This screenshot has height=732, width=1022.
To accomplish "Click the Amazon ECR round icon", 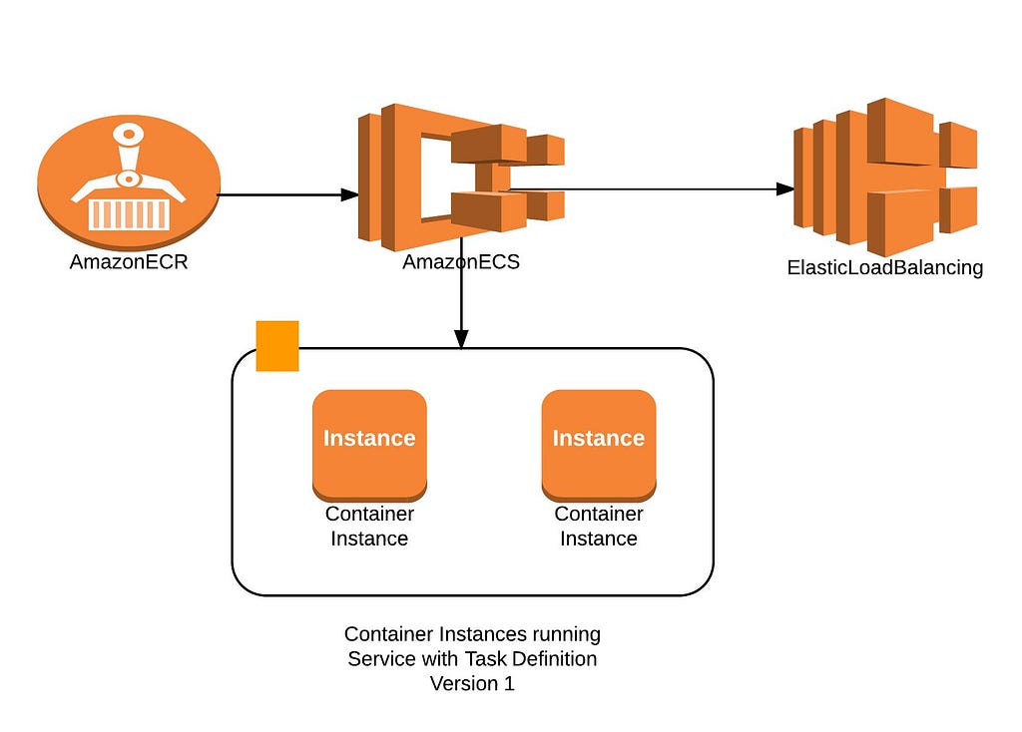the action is tap(129, 183).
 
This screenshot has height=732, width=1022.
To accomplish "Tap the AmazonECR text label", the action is tap(129, 262).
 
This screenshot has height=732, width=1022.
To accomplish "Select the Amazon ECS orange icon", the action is tap(461, 178).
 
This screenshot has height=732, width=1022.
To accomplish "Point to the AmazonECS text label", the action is tap(461, 262).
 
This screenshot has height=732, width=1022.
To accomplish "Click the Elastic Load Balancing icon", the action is tap(885, 178).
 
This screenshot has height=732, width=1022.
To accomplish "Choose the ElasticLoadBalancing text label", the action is tap(885, 267).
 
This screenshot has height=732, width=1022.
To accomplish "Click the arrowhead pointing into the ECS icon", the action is tap(350, 194).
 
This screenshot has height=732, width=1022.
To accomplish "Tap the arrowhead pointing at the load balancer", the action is tap(785, 188).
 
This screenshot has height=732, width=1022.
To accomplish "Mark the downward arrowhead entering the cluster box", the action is tap(461, 339).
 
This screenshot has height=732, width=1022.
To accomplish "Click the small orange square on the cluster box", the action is tap(277, 346).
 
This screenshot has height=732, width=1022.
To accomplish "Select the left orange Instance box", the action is tap(369, 446).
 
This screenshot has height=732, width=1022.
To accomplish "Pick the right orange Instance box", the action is tap(599, 446).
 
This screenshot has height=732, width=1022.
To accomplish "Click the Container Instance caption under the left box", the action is tap(369, 527).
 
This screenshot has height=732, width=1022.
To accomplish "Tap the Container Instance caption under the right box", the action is tap(599, 527).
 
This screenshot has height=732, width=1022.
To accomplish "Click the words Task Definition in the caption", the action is tap(531, 658).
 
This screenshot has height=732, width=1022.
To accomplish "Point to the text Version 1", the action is tap(472, 683).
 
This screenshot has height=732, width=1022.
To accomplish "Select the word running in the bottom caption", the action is tap(567, 634).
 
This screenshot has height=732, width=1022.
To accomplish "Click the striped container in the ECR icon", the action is tap(129, 213).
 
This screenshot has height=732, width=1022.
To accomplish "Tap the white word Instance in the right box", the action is tap(599, 438).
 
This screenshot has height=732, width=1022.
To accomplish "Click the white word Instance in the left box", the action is tap(369, 438).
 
